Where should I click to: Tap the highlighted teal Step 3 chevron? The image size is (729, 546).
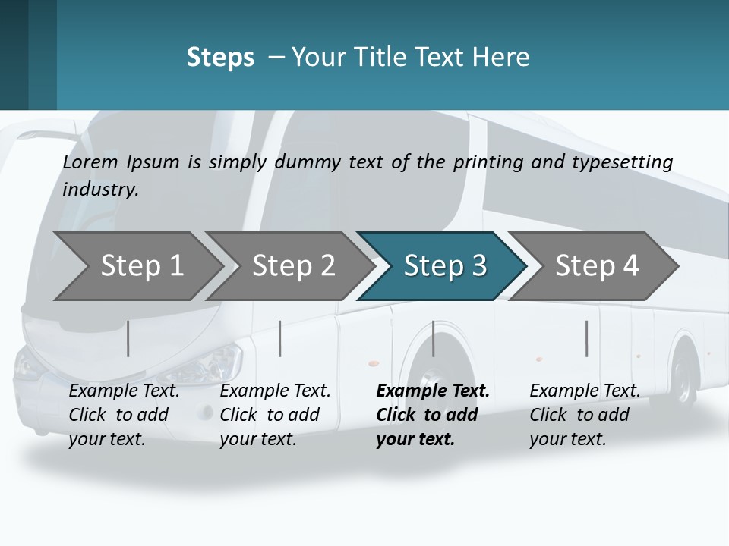click(x=443, y=266)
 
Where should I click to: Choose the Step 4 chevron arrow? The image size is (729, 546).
click(x=595, y=266)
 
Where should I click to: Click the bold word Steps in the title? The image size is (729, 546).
click(x=220, y=58)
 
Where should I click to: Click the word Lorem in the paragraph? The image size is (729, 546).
click(x=90, y=162)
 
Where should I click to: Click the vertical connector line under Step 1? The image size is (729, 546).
click(x=128, y=338)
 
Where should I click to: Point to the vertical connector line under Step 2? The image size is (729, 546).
click(x=280, y=338)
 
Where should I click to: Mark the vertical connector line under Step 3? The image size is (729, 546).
click(x=434, y=338)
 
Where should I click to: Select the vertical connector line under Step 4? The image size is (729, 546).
click(x=586, y=338)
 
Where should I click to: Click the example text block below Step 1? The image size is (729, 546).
click(x=124, y=415)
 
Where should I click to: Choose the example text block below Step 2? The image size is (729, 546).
click(x=275, y=415)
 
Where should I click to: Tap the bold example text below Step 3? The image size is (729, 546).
click(x=432, y=415)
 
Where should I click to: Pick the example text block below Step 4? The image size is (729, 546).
click(x=585, y=415)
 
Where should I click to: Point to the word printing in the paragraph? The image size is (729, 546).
click(x=485, y=162)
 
